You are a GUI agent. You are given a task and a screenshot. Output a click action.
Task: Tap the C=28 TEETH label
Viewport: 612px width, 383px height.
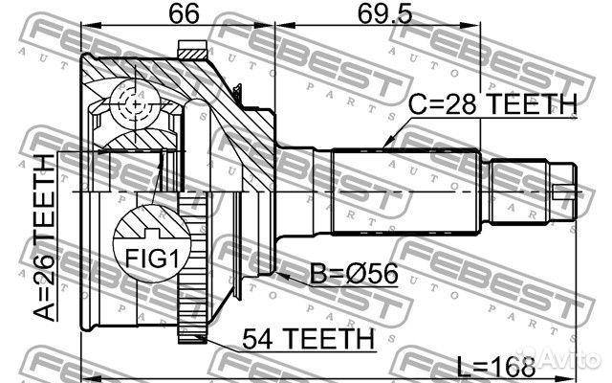(x=493, y=102)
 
